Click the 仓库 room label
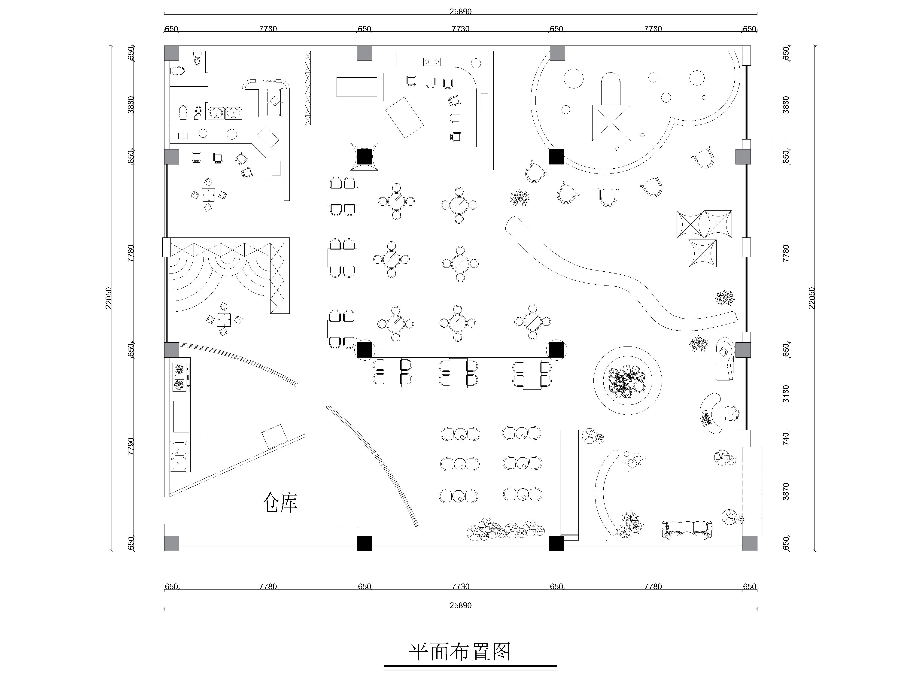pyautogui.click(x=280, y=502)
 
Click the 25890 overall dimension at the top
pyautogui.click(x=460, y=12)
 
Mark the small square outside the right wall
pyautogui.click(x=779, y=144)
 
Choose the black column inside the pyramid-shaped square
pyautogui.click(x=365, y=157)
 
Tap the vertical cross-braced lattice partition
pyautogui.click(x=308, y=88)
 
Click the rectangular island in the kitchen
pyautogui.click(x=219, y=413)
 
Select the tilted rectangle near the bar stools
pyautogui.click(x=404, y=117)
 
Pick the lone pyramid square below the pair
pyautogui.click(x=703, y=253)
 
